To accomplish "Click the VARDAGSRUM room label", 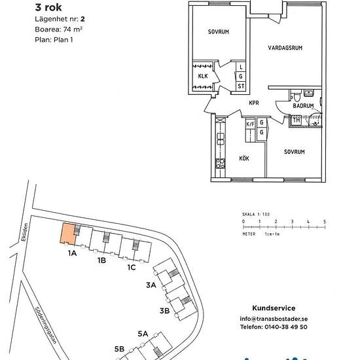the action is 285,48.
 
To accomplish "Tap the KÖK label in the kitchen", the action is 244,158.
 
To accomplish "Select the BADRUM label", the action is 303,106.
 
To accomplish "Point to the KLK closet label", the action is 203,76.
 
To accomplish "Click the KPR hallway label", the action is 254,103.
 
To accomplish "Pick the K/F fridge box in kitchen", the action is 250,124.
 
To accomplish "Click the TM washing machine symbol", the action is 296,120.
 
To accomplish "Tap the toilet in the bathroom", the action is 297,97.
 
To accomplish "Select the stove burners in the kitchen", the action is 220,163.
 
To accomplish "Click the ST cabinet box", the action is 241,86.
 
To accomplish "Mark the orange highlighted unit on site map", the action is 68,234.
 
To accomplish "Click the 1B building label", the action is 101,260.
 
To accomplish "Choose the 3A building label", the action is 151,285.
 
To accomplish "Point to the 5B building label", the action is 119,349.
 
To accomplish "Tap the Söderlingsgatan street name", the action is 46,325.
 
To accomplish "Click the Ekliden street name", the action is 24,232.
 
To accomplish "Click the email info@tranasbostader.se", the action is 274,319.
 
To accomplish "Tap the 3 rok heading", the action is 48,7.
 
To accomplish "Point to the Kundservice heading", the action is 274,308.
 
